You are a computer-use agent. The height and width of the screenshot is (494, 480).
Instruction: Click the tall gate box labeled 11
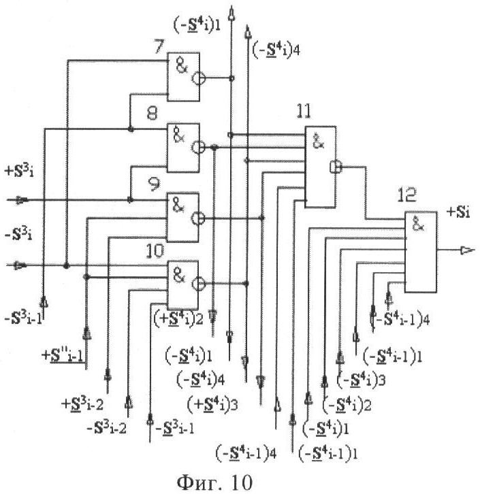point(321,167)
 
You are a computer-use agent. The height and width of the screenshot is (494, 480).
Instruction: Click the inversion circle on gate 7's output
point(197,79)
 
